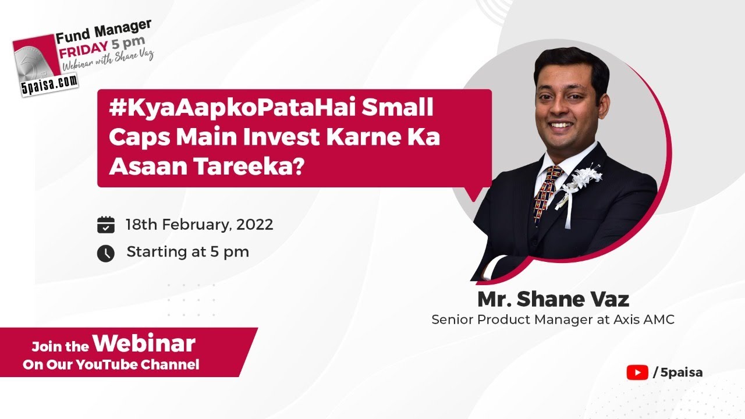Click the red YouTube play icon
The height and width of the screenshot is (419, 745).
(x=637, y=372)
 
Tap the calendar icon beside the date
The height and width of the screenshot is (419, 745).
(x=105, y=225)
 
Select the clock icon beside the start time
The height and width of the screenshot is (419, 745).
(x=105, y=253)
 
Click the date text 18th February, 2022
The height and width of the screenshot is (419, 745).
(x=200, y=225)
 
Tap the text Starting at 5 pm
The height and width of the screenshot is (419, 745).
(x=187, y=252)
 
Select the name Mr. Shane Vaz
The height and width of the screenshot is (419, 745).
(x=552, y=300)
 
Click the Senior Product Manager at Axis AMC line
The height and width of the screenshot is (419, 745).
(x=552, y=320)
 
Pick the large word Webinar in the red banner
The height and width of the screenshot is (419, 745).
(x=144, y=344)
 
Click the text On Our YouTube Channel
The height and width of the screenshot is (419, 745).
(x=111, y=365)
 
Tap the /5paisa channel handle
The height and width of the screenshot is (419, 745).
(x=677, y=372)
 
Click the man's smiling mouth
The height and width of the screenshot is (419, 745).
(x=562, y=125)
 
